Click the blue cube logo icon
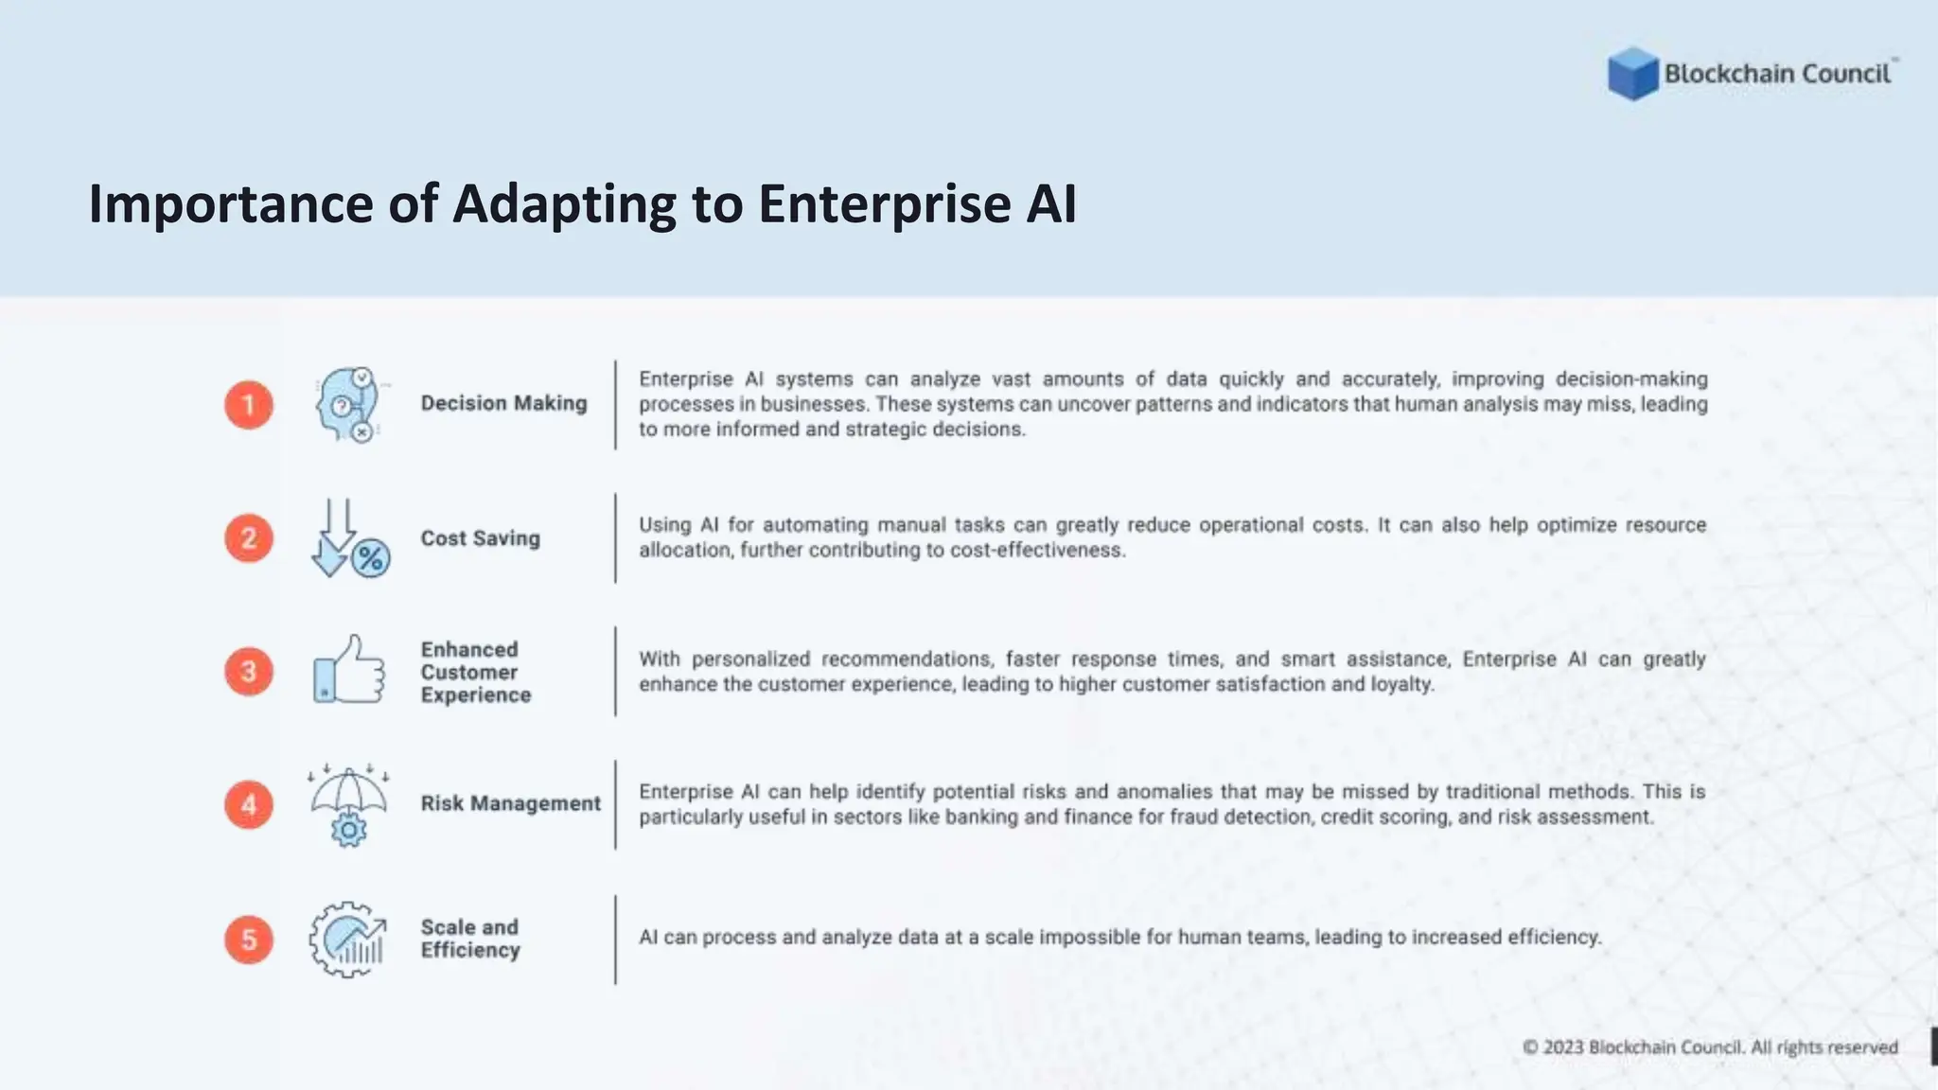pos(1632,74)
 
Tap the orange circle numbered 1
pos(249,405)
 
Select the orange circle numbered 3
pos(249,672)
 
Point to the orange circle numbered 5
pos(249,940)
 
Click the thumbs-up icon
pos(349,670)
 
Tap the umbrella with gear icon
pos(348,805)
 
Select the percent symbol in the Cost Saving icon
pos(371,558)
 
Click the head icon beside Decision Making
pos(347,405)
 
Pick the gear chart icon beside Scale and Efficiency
pos(347,940)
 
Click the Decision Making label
pos(503,403)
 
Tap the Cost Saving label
pos(480,538)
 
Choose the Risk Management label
pos(510,803)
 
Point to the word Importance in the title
pos(230,203)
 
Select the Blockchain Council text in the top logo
pos(1776,74)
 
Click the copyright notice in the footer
pos(1710,1047)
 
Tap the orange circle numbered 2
pos(249,538)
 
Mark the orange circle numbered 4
pos(249,805)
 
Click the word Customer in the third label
pos(469,672)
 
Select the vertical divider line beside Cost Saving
pos(615,537)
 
